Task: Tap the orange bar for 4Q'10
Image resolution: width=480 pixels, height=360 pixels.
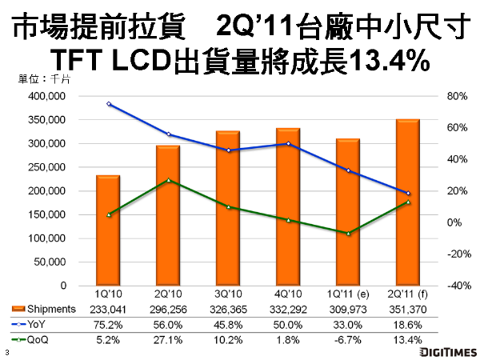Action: click(287, 207)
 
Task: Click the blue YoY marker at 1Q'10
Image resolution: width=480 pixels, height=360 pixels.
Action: click(107, 104)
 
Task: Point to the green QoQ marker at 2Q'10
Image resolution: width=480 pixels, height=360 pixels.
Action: click(167, 180)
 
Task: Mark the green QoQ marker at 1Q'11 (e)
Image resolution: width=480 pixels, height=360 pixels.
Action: click(347, 233)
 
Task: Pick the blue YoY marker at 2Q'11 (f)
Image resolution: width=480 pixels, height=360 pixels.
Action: click(407, 194)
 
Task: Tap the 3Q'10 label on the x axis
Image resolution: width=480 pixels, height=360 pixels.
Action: click(227, 296)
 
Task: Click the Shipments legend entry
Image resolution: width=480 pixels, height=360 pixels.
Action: click(44, 310)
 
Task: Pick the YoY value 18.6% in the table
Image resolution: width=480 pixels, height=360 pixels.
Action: click(407, 324)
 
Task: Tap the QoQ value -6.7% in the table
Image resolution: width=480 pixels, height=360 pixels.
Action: click(347, 338)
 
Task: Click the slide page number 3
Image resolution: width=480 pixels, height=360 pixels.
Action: click(6, 353)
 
